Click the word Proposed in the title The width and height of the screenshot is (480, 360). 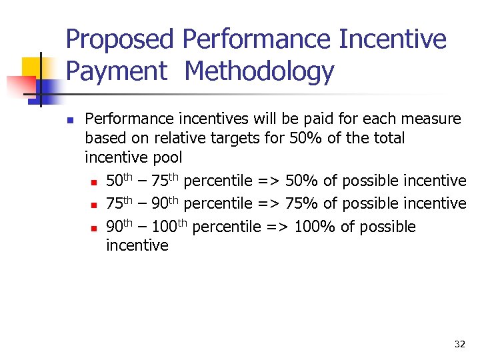pyautogui.click(x=120, y=39)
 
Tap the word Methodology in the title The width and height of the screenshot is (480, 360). pyautogui.click(x=260, y=71)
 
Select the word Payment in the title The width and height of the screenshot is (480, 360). pyautogui.click(x=117, y=71)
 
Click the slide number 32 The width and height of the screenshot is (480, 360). pyautogui.click(x=459, y=344)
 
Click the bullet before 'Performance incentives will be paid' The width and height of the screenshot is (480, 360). pyautogui.click(x=69, y=120)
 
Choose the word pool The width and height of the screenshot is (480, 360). pyautogui.click(x=166, y=158)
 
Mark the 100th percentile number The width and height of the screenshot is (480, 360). pyautogui.click(x=171, y=227)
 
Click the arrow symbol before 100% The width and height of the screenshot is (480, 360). pyautogui.click(x=274, y=227)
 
